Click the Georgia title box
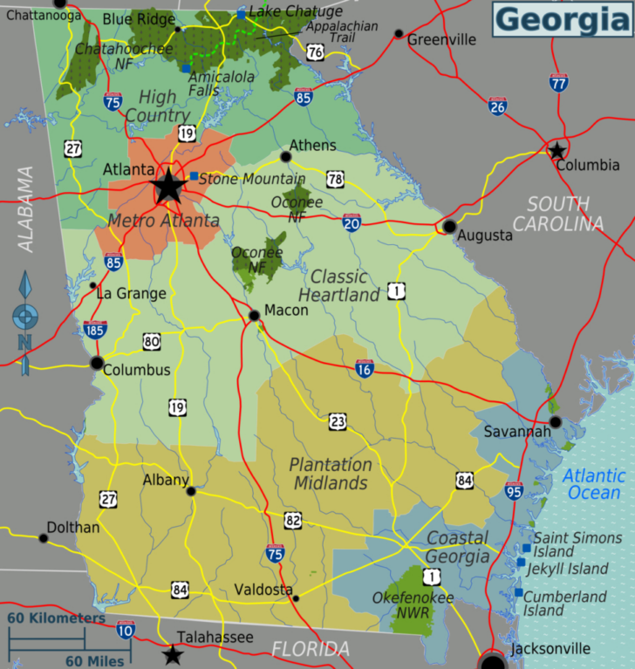(x=562, y=18)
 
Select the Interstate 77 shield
(x=559, y=83)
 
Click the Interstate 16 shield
(x=365, y=368)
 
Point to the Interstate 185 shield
(x=95, y=330)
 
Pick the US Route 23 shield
(x=338, y=422)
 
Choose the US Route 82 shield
(x=292, y=521)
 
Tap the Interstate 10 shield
(x=126, y=629)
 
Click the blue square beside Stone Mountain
(x=194, y=176)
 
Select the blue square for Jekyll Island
(x=521, y=563)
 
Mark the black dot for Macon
(x=254, y=316)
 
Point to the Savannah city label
(x=518, y=432)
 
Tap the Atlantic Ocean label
(x=594, y=484)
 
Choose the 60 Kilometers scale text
(x=57, y=618)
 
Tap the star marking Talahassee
(x=174, y=654)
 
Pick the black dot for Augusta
(x=449, y=227)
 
